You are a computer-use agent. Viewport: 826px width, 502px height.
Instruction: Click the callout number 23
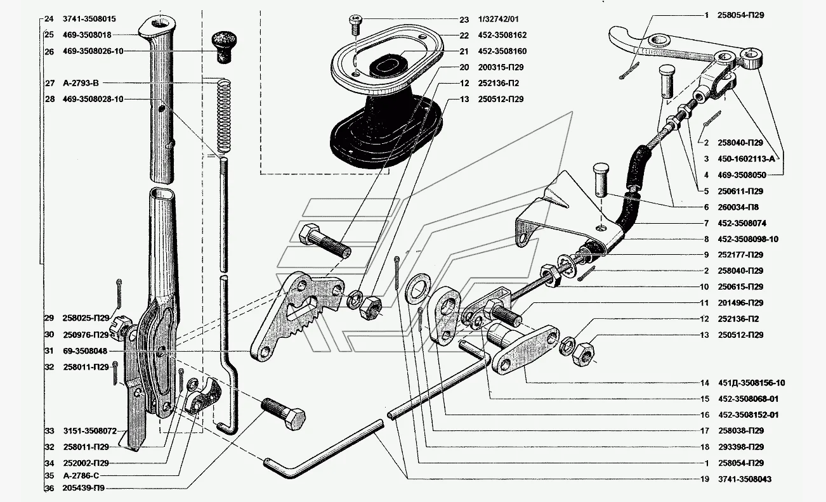coord(464,20)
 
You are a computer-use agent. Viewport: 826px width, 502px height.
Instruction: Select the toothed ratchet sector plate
coord(294,314)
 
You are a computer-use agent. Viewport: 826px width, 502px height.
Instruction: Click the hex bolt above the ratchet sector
coord(323,243)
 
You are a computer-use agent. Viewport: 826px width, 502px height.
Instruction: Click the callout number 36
coord(49,488)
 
